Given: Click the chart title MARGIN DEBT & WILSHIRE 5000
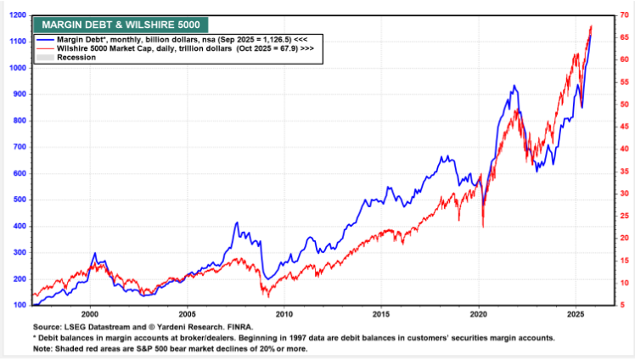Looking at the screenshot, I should pyautogui.click(x=121, y=25).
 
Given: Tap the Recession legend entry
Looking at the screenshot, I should pyautogui.click(x=76, y=58).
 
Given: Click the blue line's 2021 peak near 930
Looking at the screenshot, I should pyautogui.click(x=514, y=86).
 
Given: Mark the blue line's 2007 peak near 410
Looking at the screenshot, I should pyautogui.click(x=236, y=222).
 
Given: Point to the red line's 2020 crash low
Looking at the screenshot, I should pyautogui.click(x=483, y=227).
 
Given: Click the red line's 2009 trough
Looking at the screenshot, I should pyautogui.click(x=267, y=296).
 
